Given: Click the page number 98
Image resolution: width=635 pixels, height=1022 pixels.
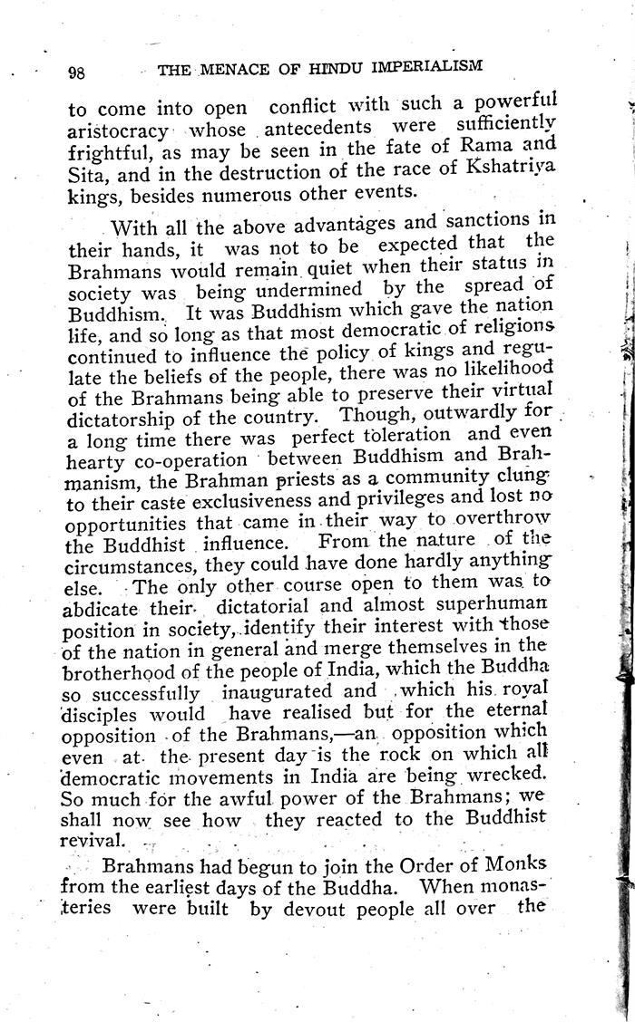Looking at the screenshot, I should coord(76,73).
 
